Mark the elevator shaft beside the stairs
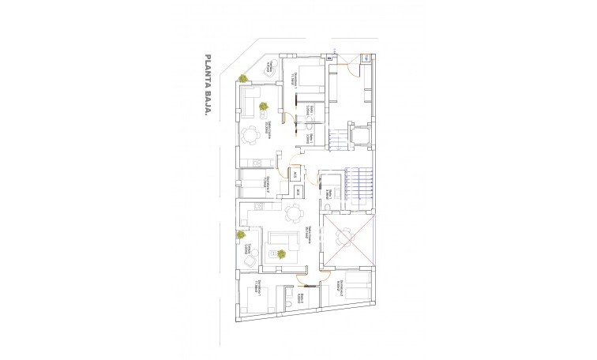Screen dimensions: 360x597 (359, 136)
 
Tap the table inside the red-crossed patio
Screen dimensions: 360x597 (345, 236)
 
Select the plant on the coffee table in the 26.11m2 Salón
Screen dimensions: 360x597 (281, 253)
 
